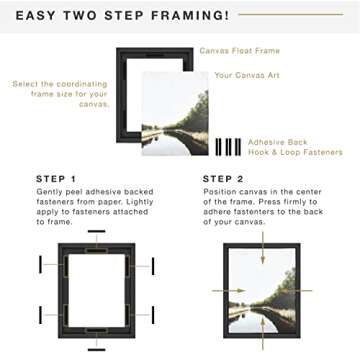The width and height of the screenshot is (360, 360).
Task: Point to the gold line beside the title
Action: (x=291, y=15)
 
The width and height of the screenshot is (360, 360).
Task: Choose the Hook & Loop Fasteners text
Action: (x=294, y=152)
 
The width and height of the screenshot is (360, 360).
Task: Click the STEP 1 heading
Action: (x=58, y=181)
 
